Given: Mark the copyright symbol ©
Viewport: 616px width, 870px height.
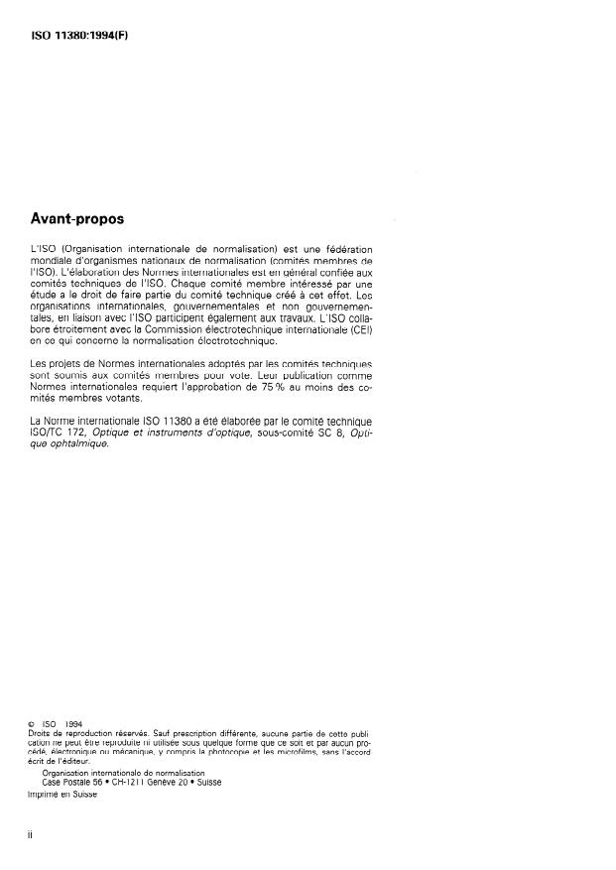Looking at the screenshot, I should click(35, 724).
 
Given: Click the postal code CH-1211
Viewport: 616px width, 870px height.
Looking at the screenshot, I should click(133, 782).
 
